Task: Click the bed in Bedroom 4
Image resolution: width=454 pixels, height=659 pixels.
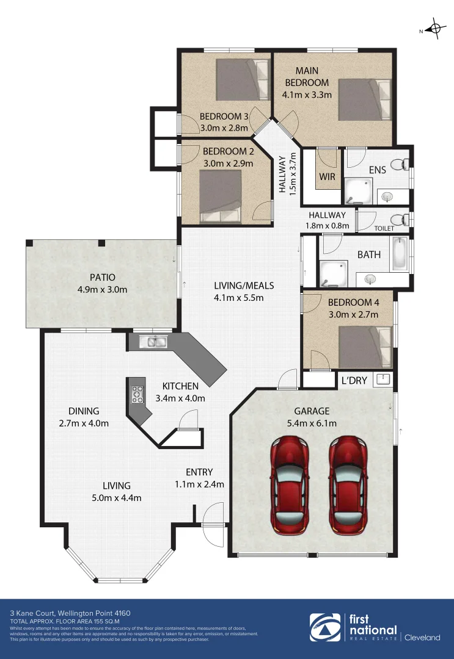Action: [x=364, y=348]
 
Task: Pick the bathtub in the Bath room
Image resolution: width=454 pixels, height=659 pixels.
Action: [x=400, y=254]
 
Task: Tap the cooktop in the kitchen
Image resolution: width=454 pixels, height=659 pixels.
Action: [x=137, y=396]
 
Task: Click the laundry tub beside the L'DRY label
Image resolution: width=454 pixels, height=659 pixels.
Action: [x=383, y=379]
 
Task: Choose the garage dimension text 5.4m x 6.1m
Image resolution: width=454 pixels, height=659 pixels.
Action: [x=312, y=423]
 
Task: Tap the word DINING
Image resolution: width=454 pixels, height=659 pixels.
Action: [x=84, y=411]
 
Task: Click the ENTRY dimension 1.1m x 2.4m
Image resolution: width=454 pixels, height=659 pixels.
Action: [x=199, y=484]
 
